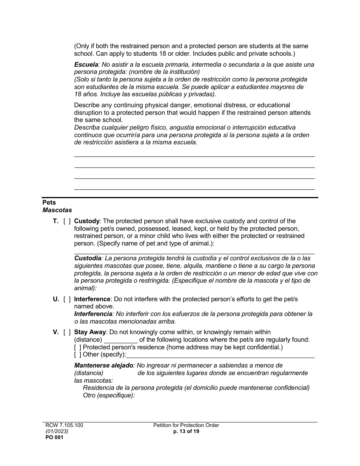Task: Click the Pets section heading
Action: [x=49, y=203]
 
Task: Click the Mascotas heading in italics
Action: [x=57, y=210]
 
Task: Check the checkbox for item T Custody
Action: [x=67, y=221]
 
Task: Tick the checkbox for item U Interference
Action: [x=67, y=299]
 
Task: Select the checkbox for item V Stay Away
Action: [x=67, y=332]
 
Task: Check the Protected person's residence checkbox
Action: [x=78, y=347]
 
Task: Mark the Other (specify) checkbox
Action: [x=78, y=355]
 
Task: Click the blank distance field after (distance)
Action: [x=121, y=340]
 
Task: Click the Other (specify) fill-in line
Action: [x=220, y=355]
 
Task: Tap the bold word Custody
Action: [x=87, y=221]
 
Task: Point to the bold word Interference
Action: [x=92, y=299]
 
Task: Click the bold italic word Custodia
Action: [x=88, y=258]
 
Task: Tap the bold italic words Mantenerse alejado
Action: [x=103, y=366]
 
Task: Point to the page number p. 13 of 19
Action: [x=186, y=432]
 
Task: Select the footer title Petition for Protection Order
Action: [x=186, y=425]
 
